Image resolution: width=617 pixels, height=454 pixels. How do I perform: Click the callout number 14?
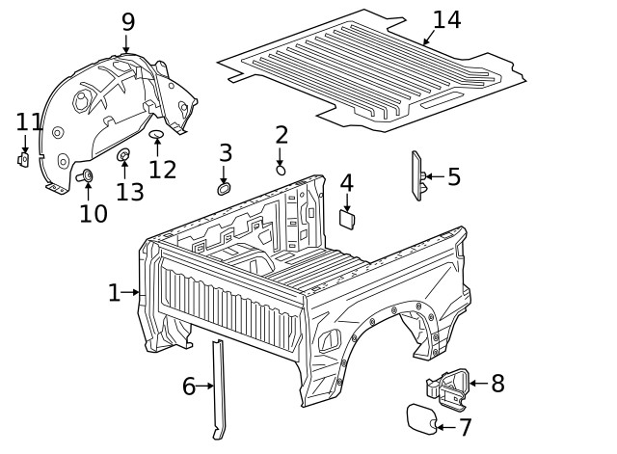point(446,20)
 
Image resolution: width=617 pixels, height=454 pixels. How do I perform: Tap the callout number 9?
point(127,21)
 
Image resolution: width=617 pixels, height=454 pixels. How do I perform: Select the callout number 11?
point(29,122)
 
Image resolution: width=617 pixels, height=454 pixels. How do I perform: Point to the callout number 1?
point(114,292)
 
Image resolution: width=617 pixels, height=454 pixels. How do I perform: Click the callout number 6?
point(189,387)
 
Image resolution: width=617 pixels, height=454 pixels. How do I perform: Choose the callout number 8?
point(497,384)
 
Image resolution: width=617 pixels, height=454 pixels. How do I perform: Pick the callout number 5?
point(453,177)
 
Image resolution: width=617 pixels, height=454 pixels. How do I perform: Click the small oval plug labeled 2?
point(281,169)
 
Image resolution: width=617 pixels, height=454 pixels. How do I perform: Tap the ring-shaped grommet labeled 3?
point(225,188)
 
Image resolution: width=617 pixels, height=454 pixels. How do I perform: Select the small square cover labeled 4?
point(347,219)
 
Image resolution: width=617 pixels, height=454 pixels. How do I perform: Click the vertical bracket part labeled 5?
point(418,176)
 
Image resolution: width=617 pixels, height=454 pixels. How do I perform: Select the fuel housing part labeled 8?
point(447,386)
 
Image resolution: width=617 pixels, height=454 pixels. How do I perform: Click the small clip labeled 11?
point(24,159)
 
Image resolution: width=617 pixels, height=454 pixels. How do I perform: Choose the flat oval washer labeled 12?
point(157,135)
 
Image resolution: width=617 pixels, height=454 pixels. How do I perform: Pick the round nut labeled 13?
point(123,156)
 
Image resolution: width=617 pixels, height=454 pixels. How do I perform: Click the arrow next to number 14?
point(427,40)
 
